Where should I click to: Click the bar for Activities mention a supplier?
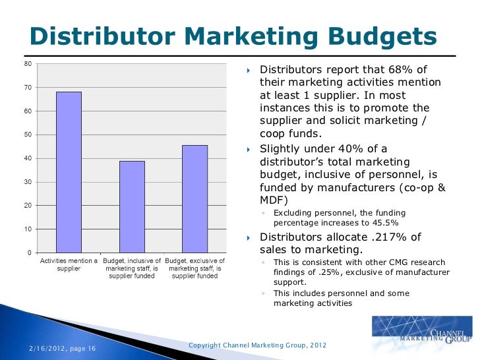pyautogui.click(x=69, y=172)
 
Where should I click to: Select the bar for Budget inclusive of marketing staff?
pyautogui.click(x=132, y=206)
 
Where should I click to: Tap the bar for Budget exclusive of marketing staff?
pyautogui.click(x=195, y=198)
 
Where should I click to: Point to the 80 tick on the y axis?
pyautogui.click(x=27, y=64)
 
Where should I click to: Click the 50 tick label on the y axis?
pyautogui.click(x=27, y=135)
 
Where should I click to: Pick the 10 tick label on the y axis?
pyautogui.click(x=27, y=229)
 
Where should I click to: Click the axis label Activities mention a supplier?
pyautogui.click(x=69, y=265)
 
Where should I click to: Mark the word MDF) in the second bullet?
pyautogui.click(x=276, y=199)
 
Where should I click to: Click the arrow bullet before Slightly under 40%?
pyautogui.click(x=249, y=150)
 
